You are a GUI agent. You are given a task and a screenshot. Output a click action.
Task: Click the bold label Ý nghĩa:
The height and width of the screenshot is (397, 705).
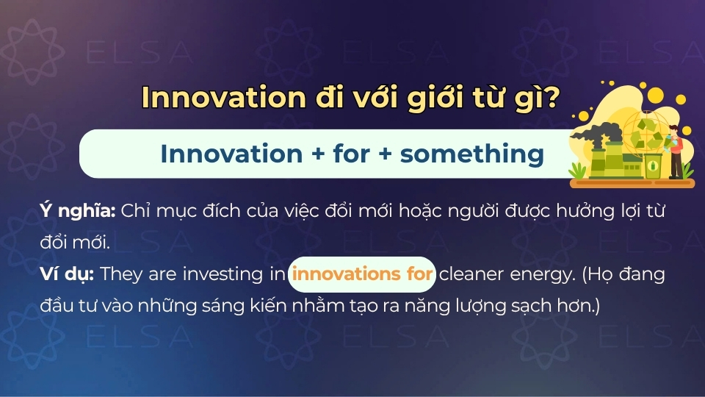tap(78, 211)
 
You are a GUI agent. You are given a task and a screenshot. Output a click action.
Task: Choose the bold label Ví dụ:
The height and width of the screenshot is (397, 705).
tap(67, 274)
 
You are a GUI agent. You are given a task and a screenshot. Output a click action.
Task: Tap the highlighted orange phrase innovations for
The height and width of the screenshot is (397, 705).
tap(363, 274)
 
